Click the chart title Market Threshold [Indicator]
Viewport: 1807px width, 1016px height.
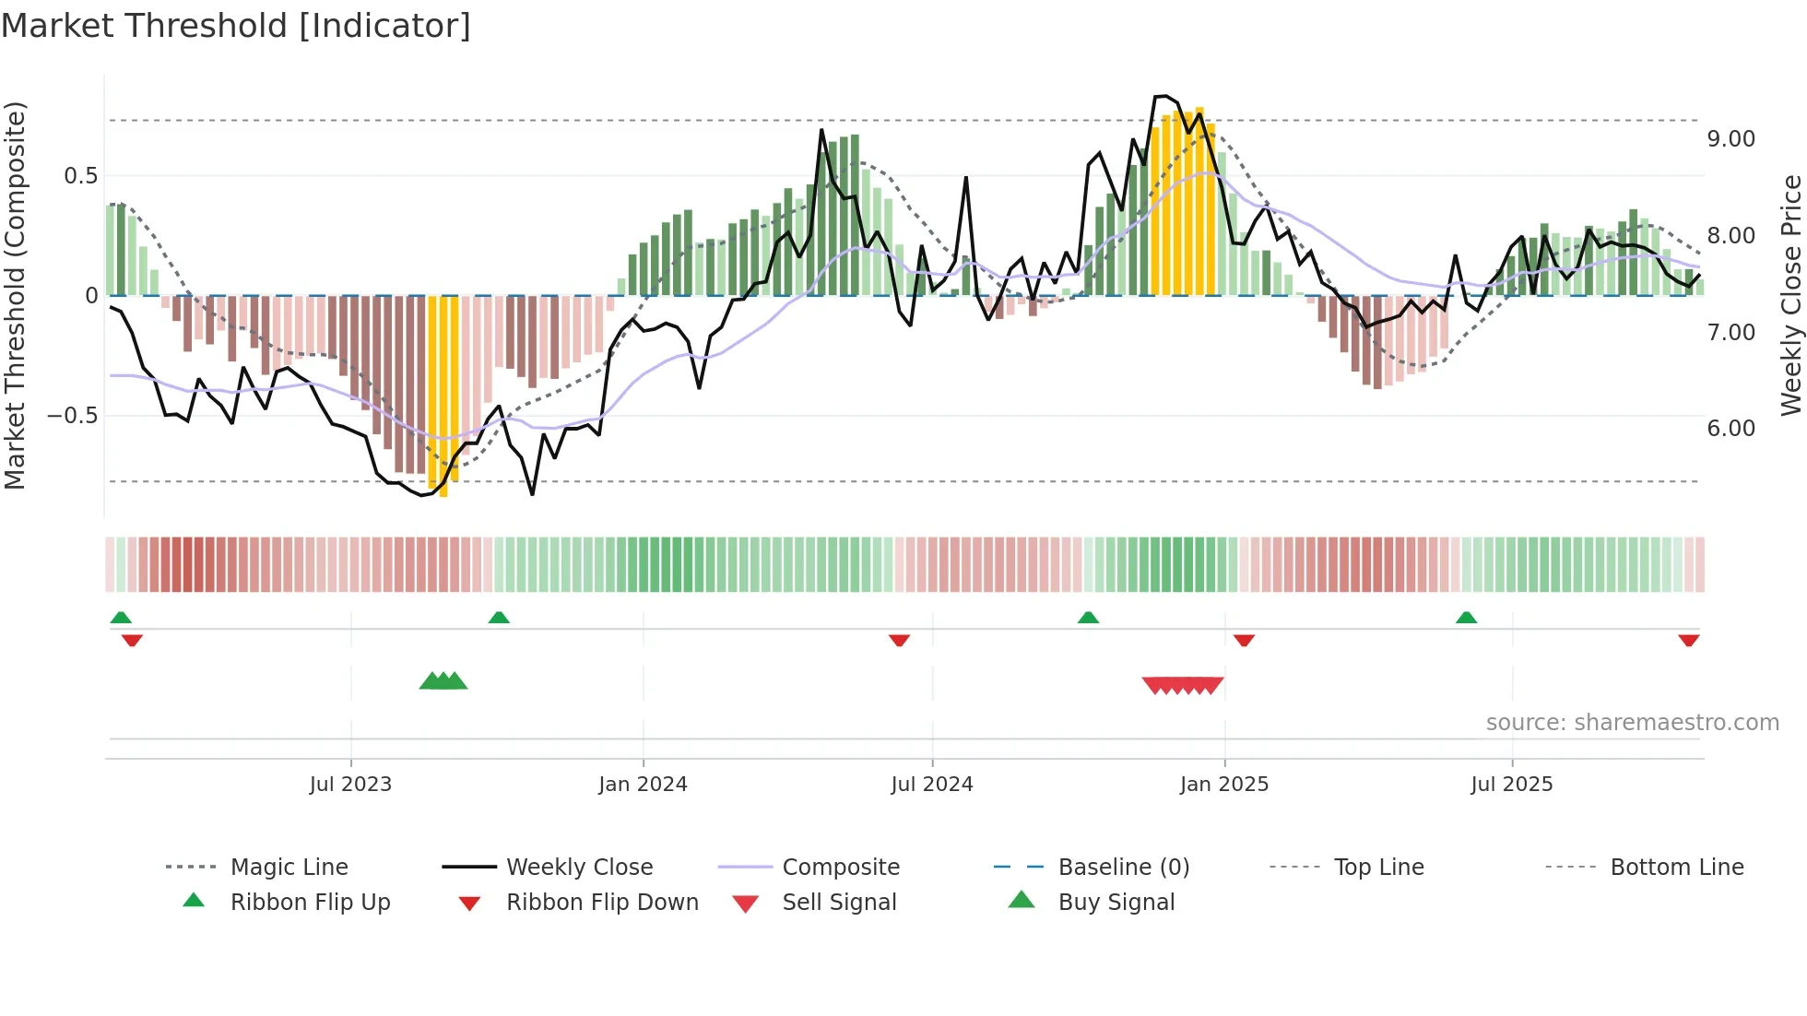236,26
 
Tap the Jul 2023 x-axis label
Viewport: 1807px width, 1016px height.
350,785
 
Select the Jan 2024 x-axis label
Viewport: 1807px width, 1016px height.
643,785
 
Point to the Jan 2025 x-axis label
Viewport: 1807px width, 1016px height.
1224,785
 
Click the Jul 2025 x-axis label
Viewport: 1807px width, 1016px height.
1512,785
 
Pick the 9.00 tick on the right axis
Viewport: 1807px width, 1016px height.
1730,139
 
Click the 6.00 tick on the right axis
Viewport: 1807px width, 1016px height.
1730,429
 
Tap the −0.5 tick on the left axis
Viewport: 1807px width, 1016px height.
73,416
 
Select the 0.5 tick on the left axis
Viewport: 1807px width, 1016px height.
80,176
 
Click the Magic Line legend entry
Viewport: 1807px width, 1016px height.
289,868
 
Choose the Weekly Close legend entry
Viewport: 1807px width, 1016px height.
579,868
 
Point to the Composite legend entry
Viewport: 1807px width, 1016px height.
840,868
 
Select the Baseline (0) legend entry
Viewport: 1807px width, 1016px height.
1123,868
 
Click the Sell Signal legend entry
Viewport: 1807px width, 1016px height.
838,903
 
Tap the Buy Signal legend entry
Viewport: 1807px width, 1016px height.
1116,903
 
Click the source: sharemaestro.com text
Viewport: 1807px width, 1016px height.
1632,723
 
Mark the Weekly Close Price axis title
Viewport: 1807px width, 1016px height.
1790,295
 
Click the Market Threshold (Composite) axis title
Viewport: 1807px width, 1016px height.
15,295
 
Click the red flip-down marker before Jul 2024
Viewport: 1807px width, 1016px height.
899,640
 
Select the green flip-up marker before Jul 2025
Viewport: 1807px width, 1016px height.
1466,618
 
